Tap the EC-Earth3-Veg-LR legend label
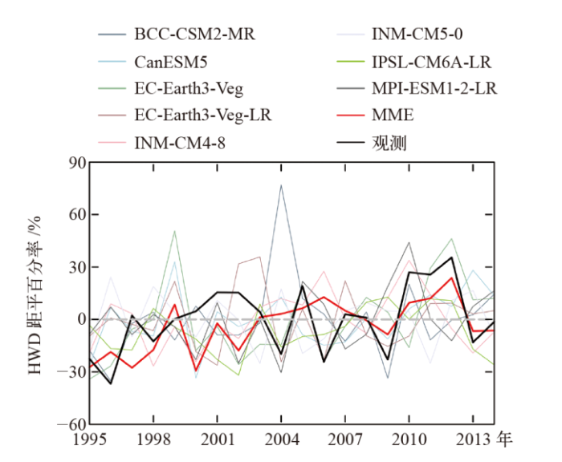[x=203, y=115]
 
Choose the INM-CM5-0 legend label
[x=417, y=34]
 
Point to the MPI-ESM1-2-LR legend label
[x=434, y=88]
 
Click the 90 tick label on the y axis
[x=75, y=163]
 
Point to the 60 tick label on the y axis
[x=75, y=215]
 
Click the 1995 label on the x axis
[x=90, y=440]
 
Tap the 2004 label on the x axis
[x=281, y=440]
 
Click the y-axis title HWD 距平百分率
[x=36, y=293]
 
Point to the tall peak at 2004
[x=281, y=185]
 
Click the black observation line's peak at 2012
[x=452, y=257]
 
